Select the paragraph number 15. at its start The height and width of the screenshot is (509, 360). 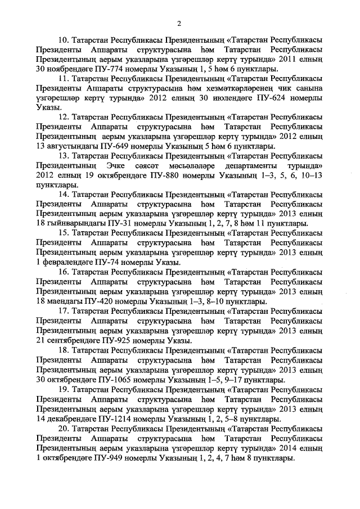click(64, 233)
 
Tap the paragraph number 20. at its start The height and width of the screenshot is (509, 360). click(64, 429)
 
